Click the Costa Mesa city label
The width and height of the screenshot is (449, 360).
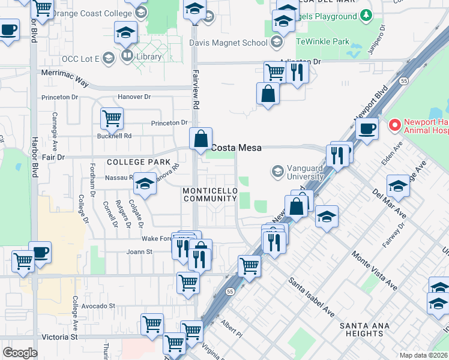[235, 148]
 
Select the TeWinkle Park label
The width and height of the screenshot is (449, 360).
[322, 42]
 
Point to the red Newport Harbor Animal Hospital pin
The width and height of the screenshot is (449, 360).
[394, 125]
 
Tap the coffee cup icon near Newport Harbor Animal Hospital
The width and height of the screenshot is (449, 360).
[366, 127]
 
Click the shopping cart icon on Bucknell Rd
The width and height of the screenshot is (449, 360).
[112, 118]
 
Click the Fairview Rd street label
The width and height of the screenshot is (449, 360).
[196, 96]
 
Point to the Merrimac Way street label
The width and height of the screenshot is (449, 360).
[64, 73]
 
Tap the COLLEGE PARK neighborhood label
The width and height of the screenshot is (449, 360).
[134, 162]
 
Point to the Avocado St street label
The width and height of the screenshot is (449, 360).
[98, 305]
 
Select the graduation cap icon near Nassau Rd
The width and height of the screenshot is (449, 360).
[144, 185]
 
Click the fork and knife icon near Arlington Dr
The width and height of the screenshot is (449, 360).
[297, 72]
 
